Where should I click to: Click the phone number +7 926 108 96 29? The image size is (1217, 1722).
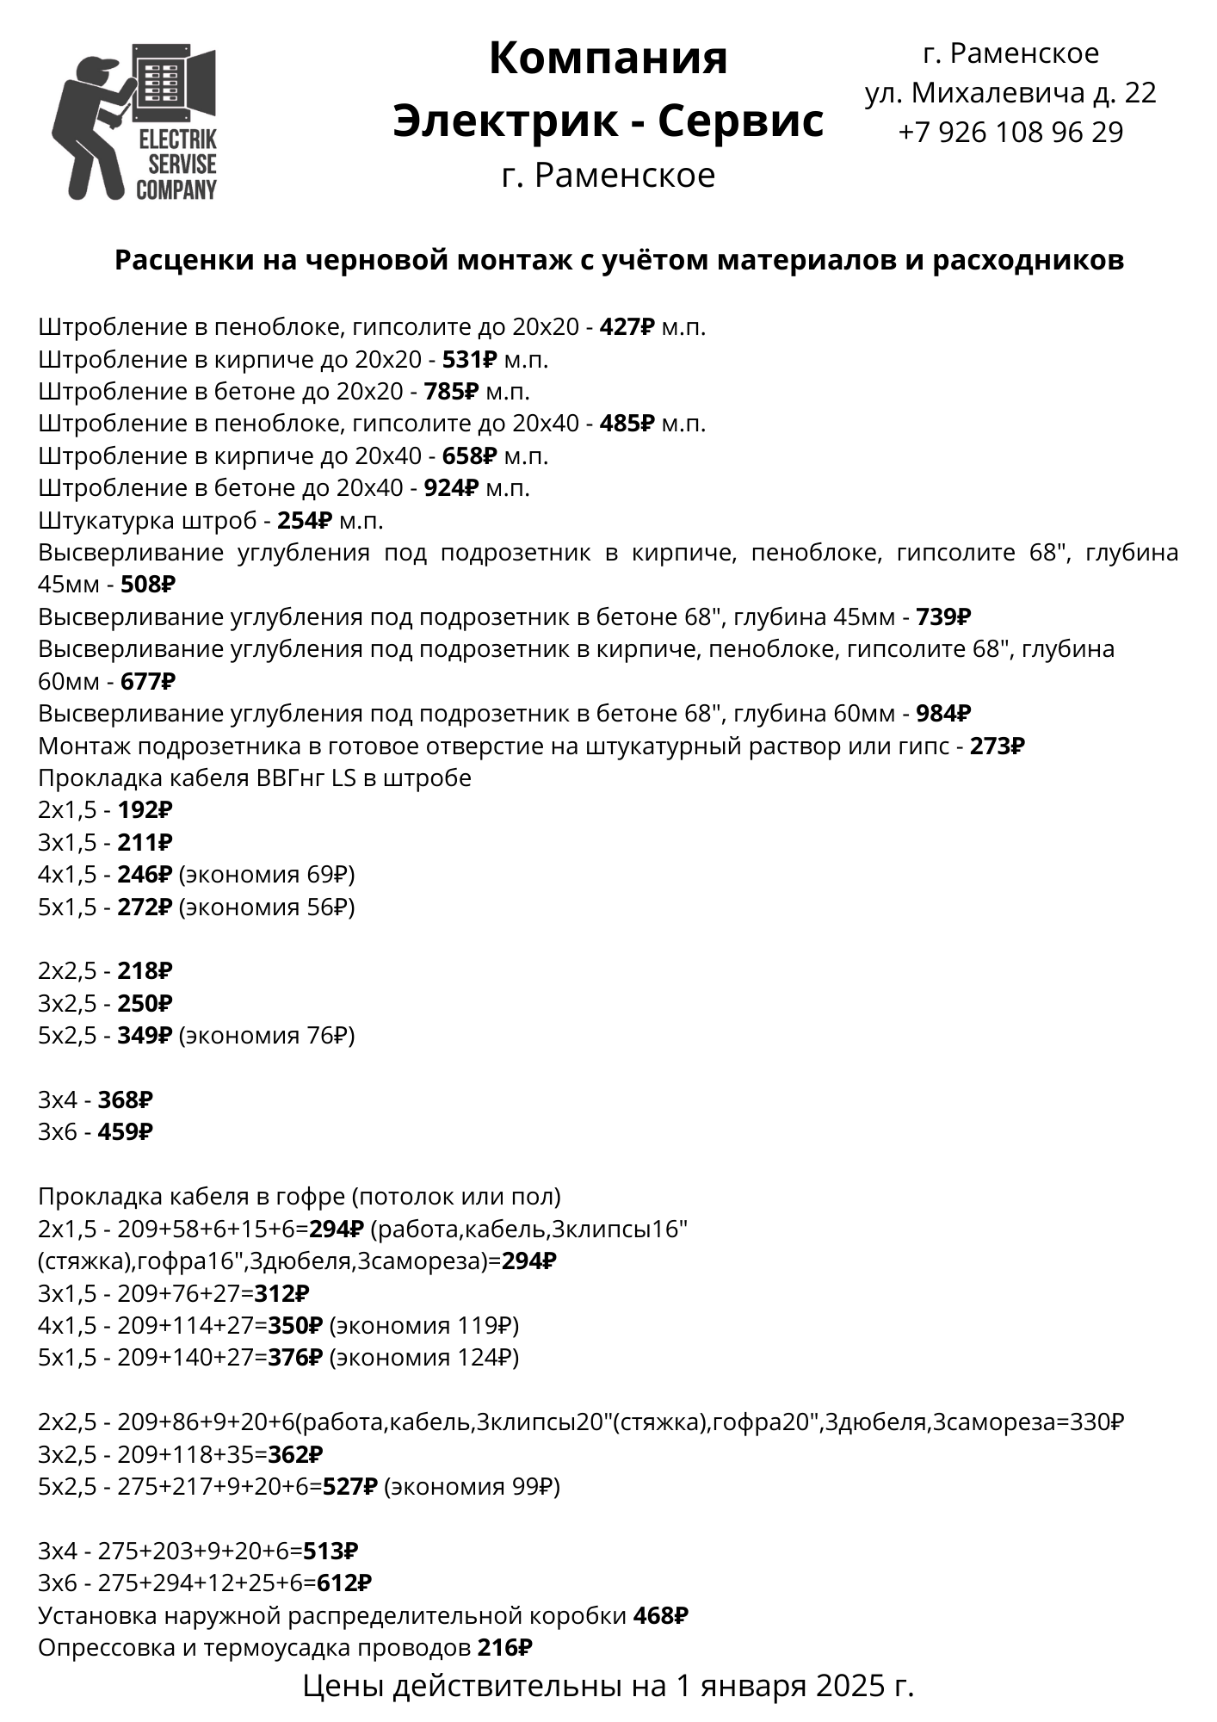click(x=1010, y=133)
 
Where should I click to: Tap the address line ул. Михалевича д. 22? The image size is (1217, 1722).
click(x=1010, y=93)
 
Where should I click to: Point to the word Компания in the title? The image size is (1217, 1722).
click(x=608, y=59)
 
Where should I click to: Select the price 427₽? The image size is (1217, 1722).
click(x=627, y=327)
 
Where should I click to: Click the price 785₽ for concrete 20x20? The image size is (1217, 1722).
click(x=450, y=392)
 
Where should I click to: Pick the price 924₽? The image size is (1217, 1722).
click(x=450, y=488)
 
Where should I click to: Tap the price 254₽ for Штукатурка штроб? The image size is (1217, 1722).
click(x=304, y=521)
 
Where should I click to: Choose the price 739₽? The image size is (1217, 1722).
click(x=943, y=617)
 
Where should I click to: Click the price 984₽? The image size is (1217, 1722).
click(x=943, y=714)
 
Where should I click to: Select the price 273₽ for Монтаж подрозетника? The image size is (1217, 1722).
click(x=997, y=746)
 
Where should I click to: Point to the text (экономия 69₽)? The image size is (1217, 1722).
click(x=267, y=875)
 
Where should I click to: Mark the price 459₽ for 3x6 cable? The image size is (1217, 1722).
click(x=125, y=1132)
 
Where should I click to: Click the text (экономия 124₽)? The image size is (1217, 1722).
click(x=424, y=1358)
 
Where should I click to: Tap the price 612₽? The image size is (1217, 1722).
click(x=344, y=1583)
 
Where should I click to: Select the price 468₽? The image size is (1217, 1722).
click(x=660, y=1616)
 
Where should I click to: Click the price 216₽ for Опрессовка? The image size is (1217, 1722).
click(x=504, y=1648)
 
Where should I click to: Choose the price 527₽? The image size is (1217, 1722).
click(x=349, y=1487)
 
